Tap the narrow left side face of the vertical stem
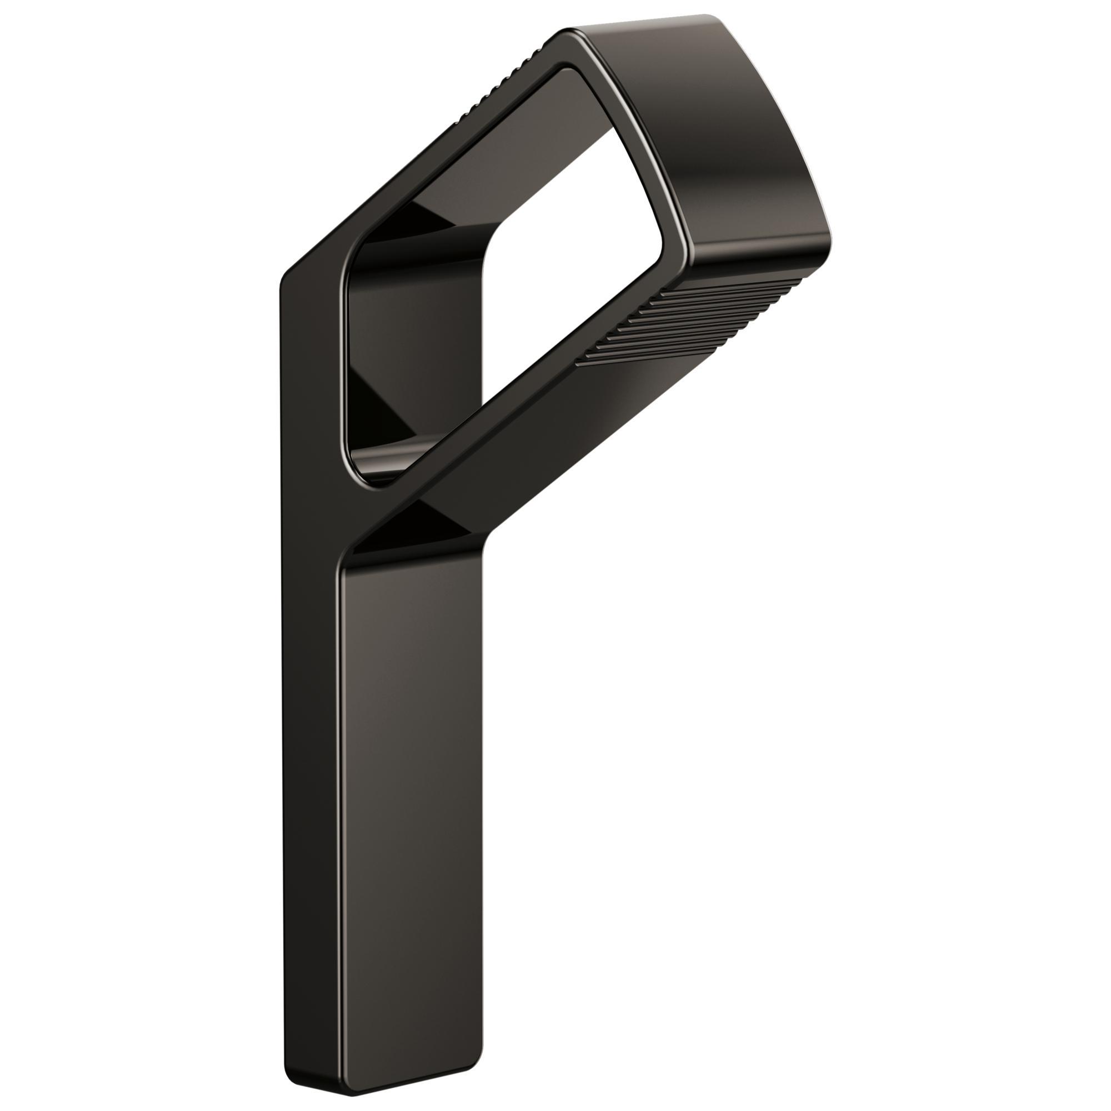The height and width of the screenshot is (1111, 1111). click(x=311, y=690)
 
